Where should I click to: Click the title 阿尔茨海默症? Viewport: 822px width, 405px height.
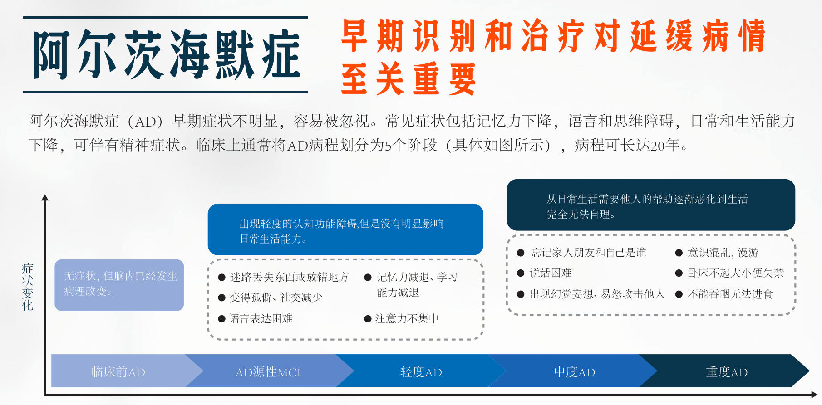point(167,55)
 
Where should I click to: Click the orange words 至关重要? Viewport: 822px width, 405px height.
point(409,78)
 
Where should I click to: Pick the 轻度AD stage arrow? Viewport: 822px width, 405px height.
point(421,371)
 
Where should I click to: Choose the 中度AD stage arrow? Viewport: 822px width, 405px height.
point(574,371)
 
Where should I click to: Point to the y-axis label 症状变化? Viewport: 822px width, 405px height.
point(28,287)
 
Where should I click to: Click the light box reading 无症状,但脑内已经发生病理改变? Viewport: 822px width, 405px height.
point(119,285)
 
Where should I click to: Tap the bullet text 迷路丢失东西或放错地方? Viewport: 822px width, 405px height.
point(290,277)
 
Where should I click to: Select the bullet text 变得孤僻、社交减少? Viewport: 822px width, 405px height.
point(276,298)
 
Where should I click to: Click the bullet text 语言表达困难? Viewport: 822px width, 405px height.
point(261,319)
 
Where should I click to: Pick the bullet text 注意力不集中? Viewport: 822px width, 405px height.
point(407,319)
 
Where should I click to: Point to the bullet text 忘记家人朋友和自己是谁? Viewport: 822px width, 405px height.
point(588,253)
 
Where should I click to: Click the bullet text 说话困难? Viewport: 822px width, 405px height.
point(551,273)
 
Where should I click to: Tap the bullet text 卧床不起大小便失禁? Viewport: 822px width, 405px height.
point(736,273)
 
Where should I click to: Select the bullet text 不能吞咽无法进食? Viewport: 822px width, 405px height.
point(730,294)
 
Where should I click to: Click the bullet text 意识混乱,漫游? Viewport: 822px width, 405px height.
point(723,253)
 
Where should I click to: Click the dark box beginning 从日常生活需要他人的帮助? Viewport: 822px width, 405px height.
point(651,205)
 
